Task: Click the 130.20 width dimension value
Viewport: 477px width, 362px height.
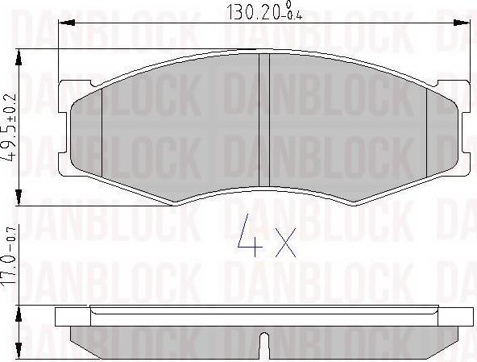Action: point(254,12)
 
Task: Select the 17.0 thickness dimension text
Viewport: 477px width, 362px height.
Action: point(9,270)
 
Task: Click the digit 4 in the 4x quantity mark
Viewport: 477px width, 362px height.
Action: point(251,235)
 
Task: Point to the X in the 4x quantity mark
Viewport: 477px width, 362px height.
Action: point(285,243)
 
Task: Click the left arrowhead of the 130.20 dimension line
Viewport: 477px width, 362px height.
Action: point(66,23)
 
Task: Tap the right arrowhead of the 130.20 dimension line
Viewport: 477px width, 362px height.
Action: point(462,23)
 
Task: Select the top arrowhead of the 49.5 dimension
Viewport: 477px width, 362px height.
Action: point(19,57)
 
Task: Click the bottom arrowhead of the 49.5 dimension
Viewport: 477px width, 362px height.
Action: point(19,198)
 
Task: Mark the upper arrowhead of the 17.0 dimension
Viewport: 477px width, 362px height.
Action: point(19,314)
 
